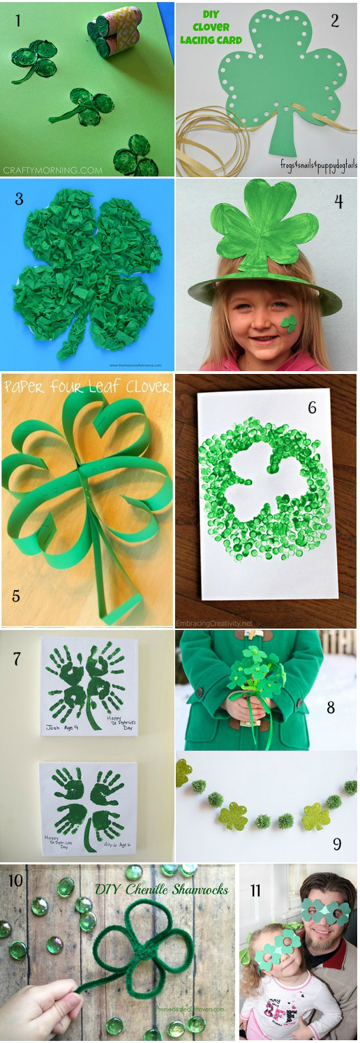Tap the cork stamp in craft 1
(x=114, y=31)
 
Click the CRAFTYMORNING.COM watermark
(x=52, y=170)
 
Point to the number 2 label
(x=335, y=20)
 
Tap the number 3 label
(x=19, y=199)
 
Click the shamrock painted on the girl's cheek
(x=288, y=322)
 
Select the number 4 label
(x=338, y=202)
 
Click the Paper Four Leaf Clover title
(x=87, y=387)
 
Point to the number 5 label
(x=16, y=596)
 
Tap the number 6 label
(x=312, y=407)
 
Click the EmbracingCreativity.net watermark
(x=215, y=622)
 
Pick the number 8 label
(x=331, y=707)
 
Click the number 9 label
(x=337, y=844)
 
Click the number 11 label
(x=255, y=891)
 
